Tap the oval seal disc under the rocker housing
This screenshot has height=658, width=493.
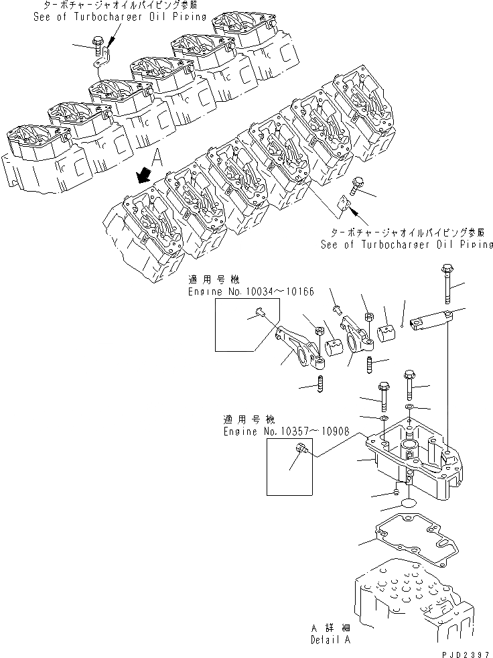[405, 504]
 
